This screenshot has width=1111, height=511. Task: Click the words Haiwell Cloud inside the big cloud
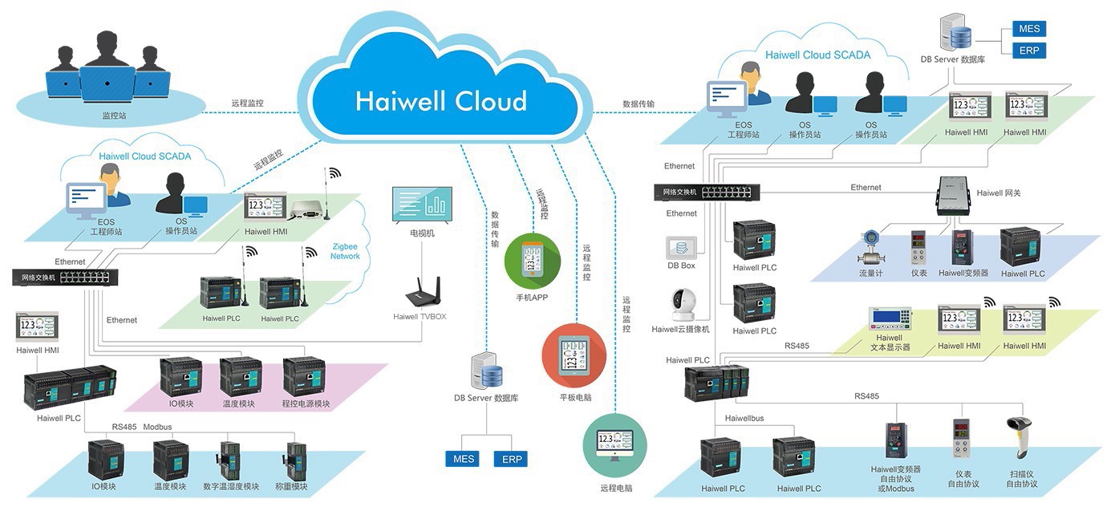click(x=440, y=101)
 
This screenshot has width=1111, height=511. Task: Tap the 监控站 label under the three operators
click(x=115, y=116)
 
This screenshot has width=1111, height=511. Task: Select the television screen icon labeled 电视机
click(x=421, y=205)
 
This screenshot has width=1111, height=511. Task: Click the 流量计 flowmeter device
click(x=870, y=249)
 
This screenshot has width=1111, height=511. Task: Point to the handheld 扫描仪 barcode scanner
click(x=1020, y=438)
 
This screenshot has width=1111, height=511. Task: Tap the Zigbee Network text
click(x=345, y=251)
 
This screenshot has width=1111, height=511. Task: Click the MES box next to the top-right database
click(x=1029, y=29)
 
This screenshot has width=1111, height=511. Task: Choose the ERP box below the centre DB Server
click(x=511, y=460)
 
